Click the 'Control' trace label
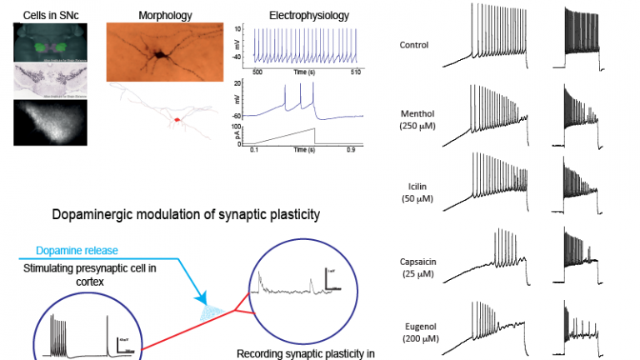click(x=415, y=45)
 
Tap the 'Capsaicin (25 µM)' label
click(x=420, y=267)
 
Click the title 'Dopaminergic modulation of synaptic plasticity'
click(x=186, y=215)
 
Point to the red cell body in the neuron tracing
click(x=176, y=122)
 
